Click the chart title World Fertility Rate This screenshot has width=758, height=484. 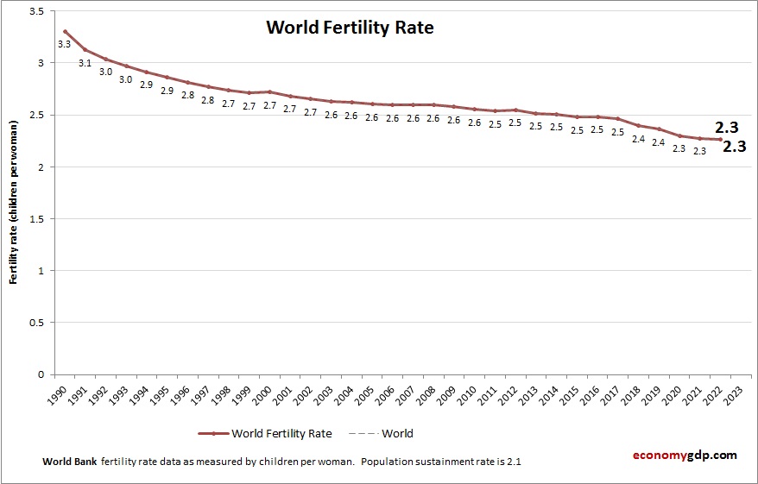tap(350, 28)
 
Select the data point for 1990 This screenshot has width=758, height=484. tap(65, 31)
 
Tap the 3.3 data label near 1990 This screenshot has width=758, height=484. tap(64, 44)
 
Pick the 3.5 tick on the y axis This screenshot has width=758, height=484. tap(37, 11)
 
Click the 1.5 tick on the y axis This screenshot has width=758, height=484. tap(37, 218)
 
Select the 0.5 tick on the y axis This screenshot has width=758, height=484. tap(37, 323)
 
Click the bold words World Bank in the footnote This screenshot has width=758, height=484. tap(70, 462)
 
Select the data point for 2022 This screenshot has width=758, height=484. tap(720, 139)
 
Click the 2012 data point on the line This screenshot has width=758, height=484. tap(515, 110)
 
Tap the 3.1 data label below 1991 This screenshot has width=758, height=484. tap(85, 63)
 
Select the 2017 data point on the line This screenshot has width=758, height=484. tap(617, 119)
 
